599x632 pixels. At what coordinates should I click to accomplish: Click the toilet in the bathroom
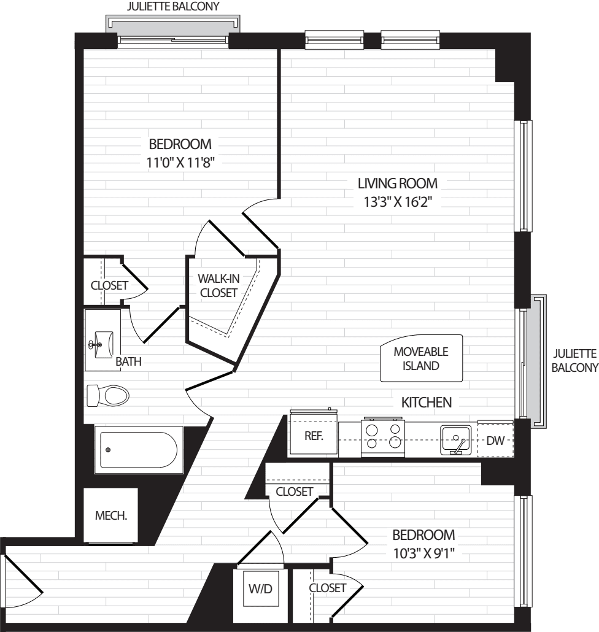tap(107, 395)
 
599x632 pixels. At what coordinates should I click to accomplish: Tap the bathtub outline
tap(138, 450)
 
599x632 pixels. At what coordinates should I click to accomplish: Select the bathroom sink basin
tap(103, 345)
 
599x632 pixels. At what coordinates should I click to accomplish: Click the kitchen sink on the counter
tap(455, 440)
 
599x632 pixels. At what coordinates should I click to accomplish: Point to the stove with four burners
tap(383, 437)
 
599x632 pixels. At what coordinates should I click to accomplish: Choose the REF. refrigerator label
tap(314, 436)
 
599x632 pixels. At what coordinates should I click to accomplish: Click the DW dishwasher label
tap(495, 441)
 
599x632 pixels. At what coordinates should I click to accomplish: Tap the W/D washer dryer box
tap(261, 589)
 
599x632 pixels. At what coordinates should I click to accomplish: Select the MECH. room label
tap(111, 515)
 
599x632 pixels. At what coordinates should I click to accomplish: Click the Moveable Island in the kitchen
tap(421, 358)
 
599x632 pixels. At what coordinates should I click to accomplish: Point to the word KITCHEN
tap(427, 403)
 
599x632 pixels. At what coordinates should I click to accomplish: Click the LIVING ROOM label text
tap(398, 183)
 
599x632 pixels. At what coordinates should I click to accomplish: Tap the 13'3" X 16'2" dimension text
tap(398, 201)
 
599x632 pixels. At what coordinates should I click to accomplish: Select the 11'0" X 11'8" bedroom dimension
tap(180, 163)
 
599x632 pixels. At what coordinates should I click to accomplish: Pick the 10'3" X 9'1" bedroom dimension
tap(423, 553)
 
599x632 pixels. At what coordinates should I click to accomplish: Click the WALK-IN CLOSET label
tap(218, 286)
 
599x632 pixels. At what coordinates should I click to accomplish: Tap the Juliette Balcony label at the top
tap(173, 7)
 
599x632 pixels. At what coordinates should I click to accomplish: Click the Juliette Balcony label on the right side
tap(575, 361)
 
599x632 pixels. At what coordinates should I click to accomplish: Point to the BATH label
tap(129, 361)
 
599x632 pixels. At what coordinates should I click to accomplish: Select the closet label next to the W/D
tap(327, 588)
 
